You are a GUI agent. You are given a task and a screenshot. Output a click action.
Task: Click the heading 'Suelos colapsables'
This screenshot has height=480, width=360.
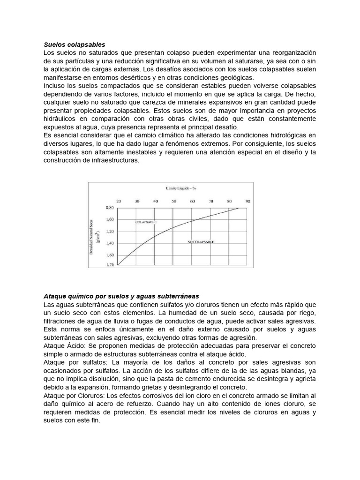[x=74, y=44]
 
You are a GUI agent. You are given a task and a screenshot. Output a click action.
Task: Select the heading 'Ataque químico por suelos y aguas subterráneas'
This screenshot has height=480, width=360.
[x=121, y=296]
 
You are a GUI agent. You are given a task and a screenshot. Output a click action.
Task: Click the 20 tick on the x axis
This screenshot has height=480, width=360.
[x=118, y=201]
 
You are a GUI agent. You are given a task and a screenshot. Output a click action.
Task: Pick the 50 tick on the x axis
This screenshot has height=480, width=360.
[x=173, y=201]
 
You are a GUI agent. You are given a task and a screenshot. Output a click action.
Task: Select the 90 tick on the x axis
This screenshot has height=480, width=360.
[x=247, y=201]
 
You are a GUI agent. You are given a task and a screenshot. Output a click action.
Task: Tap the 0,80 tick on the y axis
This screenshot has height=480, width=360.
[x=110, y=207]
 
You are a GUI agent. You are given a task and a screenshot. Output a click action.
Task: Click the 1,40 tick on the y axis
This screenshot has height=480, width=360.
[x=110, y=243]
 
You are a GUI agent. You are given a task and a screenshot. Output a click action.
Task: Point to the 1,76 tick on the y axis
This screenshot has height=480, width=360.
[x=110, y=265]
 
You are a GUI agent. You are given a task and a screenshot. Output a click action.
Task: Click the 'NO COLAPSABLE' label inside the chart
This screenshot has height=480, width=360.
[x=201, y=242]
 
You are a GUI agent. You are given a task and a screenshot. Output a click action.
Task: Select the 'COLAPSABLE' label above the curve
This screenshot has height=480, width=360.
[x=146, y=221]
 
